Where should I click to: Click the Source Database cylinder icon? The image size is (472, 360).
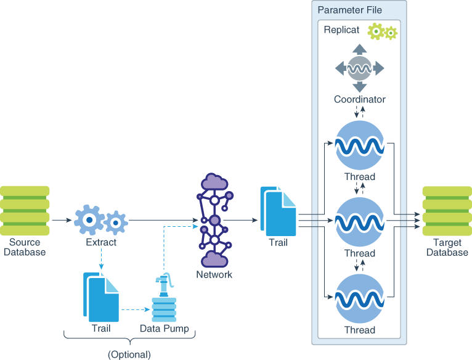pyautogui.click(x=25, y=211)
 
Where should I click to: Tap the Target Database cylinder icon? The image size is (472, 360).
pyautogui.click(x=447, y=211)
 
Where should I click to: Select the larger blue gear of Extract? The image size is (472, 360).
pyautogui.click(x=90, y=219)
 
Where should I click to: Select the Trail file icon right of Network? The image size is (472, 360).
pyautogui.click(x=278, y=211)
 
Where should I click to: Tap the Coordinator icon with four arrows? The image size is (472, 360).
pyautogui.click(x=360, y=68)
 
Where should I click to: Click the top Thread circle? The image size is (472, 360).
pyautogui.click(x=360, y=148)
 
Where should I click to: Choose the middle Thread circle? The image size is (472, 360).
pyautogui.click(x=360, y=223)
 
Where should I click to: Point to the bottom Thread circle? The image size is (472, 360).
pyautogui.click(x=360, y=300)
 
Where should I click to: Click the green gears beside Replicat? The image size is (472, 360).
pyautogui.click(x=382, y=31)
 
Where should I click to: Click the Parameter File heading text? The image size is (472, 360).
pyautogui.click(x=349, y=10)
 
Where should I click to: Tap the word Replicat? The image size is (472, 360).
pyautogui.click(x=341, y=30)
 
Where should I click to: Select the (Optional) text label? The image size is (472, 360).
pyautogui.click(x=129, y=354)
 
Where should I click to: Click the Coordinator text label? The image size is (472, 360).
pyautogui.click(x=360, y=99)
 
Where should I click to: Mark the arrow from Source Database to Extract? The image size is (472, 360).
pyautogui.click(x=61, y=219)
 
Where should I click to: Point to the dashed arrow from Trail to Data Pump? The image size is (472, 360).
pyautogui.click(x=135, y=309)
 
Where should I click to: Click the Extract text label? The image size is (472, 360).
pyautogui.click(x=101, y=242)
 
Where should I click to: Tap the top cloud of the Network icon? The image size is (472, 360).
pyautogui.click(x=214, y=181)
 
